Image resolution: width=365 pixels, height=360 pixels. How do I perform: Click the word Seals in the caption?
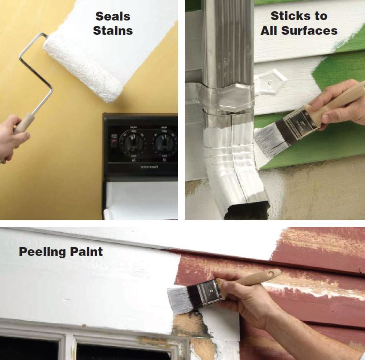tap(113, 17)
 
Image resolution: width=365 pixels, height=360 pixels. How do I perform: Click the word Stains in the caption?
tap(113, 30)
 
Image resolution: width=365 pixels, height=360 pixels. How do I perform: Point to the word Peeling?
tap(42, 252)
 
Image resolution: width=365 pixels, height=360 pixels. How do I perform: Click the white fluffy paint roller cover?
tap(83, 67)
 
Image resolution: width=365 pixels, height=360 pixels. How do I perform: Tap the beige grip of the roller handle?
tap(24, 123)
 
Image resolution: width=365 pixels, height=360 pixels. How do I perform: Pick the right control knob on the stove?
tap(165, 142)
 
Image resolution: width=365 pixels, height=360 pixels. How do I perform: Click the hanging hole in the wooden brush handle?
tap(271, 273)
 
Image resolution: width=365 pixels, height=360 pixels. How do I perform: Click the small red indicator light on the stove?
tap(114, 142)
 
